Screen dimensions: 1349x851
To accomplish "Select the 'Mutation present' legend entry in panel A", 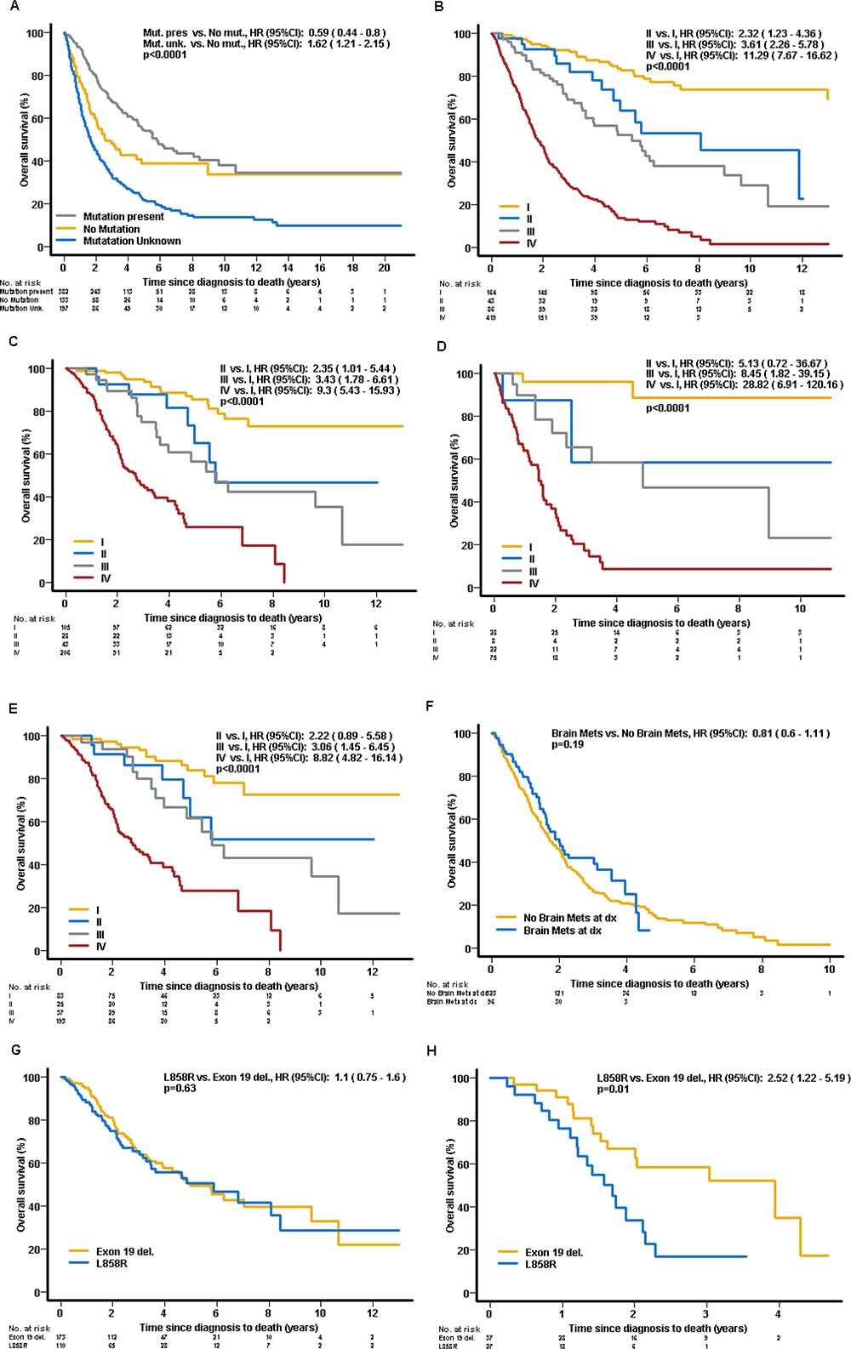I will [x=123, y=217].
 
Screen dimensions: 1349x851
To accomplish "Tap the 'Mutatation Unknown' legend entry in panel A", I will [x=131, y=241].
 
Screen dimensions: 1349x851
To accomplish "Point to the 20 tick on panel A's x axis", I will [x=385, y=267].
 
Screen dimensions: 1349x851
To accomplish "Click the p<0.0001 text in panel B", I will [x=668, y=66].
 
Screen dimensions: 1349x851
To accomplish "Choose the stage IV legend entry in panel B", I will [x=531, y=243].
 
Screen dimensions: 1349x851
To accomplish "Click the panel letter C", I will [x=11, y=341].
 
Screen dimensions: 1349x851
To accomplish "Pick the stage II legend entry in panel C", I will [x=103, y=554].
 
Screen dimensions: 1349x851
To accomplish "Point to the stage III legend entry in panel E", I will [x=100, y=934].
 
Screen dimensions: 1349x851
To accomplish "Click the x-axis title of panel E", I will [x=229, y=986].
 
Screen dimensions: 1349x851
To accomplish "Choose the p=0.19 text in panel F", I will [x=568, y=744].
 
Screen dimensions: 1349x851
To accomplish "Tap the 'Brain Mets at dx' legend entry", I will [x=562, y=931].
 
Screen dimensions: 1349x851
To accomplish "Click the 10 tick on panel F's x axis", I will [x=830, y=969].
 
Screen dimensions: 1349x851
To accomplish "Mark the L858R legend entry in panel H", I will [x=540, y=1264].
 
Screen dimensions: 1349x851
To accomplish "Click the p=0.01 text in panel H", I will [x=613, y=1089].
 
